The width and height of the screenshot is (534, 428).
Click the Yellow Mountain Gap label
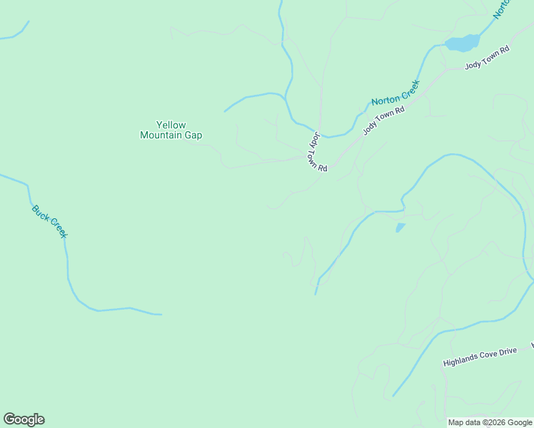coord(171,130)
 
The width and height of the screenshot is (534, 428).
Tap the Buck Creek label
coord(49,222)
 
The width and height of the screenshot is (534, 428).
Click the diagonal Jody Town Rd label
coord(384,120)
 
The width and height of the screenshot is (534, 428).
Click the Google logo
coord(24,419)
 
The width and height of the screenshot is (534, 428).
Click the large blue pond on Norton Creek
coord(463,43)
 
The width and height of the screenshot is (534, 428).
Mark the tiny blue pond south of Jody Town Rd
coord(400,228)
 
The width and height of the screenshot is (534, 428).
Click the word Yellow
coord(171,125)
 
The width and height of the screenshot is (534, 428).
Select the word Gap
coord(193,135)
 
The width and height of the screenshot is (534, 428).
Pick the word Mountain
coord(160,135)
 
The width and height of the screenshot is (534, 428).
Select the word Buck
coord(40,213)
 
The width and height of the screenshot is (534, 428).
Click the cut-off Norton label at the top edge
coord(503,9)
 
